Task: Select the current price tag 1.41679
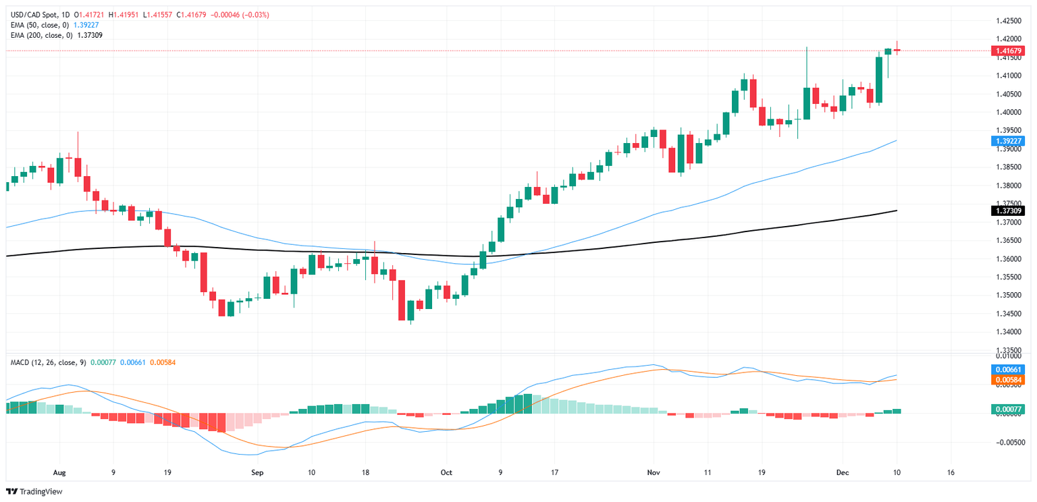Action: (1007, 51)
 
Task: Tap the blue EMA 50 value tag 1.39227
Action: (1007, 141)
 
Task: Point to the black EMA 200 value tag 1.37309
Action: (1007, 211)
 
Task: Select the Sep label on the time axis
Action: (257, 472)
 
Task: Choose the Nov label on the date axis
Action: (652, 472)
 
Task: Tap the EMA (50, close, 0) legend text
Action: (40, 24)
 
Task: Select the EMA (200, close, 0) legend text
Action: (42, 34)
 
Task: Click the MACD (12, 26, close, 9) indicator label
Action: (47, 362)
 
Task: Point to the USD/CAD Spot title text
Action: (33, 14)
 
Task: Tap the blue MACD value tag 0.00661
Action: (1007, 370)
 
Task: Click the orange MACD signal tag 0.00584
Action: (1007, 380)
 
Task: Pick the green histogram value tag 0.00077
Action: (1007, 409)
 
